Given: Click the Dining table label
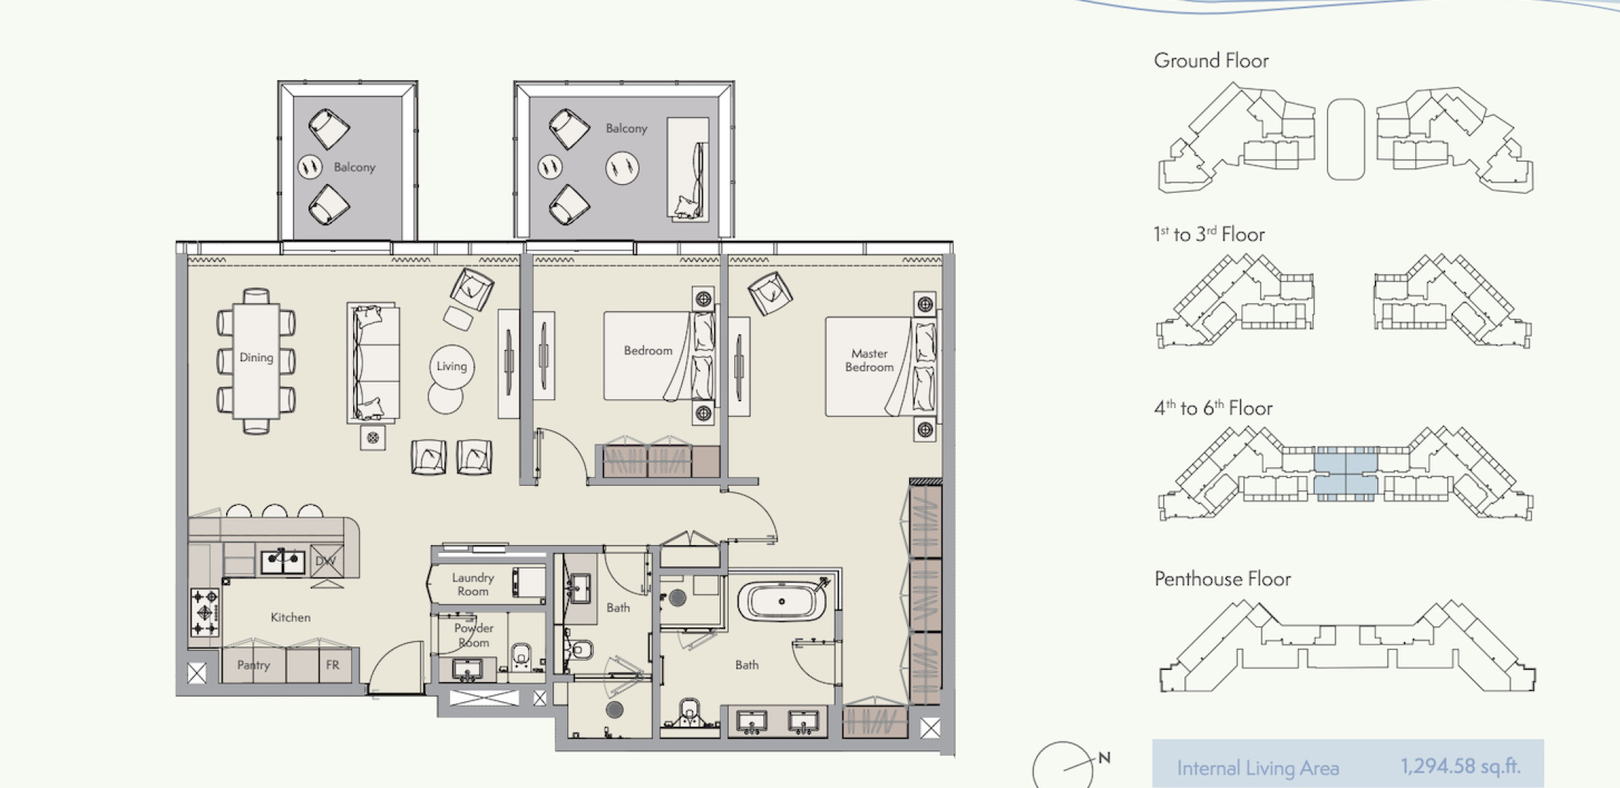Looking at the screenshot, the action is pos(256,358).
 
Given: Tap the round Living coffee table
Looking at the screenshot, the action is pos(452,366).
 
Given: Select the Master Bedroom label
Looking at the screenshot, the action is pos(869,360).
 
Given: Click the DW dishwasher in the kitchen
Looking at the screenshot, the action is pos(326,561).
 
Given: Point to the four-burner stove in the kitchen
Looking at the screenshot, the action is pos(204,613).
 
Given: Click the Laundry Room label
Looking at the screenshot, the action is pos(473,584).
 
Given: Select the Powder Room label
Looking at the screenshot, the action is pos(474,636).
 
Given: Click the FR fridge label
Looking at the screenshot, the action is pos(332,665).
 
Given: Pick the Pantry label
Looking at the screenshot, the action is pos(253,665).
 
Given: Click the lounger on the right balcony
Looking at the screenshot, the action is pos(688,169).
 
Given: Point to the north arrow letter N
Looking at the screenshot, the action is pos(1104,758).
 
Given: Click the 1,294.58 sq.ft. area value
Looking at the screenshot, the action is pos(1460,766).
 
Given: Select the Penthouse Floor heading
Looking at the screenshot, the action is pos(1222,579).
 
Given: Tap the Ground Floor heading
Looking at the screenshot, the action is pos(1211,61).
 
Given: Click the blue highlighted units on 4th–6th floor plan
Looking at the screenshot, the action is pos(1346,473).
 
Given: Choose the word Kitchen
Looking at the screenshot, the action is pos(290,617).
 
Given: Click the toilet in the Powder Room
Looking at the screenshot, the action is pos(521,655).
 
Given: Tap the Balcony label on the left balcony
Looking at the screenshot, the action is pos(355,167).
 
